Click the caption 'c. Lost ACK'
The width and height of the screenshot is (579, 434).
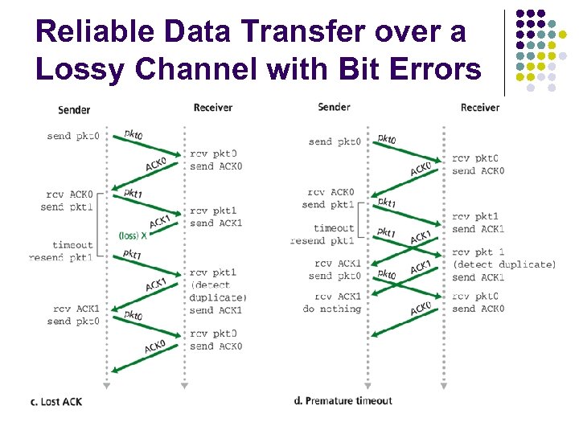click(56, 401)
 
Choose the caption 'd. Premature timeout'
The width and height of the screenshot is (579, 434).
click(343, 400)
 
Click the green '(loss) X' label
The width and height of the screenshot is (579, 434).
click(133, 235)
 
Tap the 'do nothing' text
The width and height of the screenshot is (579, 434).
click(331, 309)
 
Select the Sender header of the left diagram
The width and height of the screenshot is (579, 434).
click(74, 109)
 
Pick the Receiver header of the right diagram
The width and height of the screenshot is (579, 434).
click(479, 108)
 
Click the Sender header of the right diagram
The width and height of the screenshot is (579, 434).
click(334, 107)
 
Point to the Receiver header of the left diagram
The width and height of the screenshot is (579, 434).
click(213, 107)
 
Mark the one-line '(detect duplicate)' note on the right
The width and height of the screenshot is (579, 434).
click(503, 264)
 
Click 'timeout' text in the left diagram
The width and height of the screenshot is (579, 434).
click(72, 245)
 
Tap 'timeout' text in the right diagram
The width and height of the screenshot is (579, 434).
click(334, 228)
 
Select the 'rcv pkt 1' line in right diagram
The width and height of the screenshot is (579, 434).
click(478, 252)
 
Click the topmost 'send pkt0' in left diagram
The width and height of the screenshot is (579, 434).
click(72, 136)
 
